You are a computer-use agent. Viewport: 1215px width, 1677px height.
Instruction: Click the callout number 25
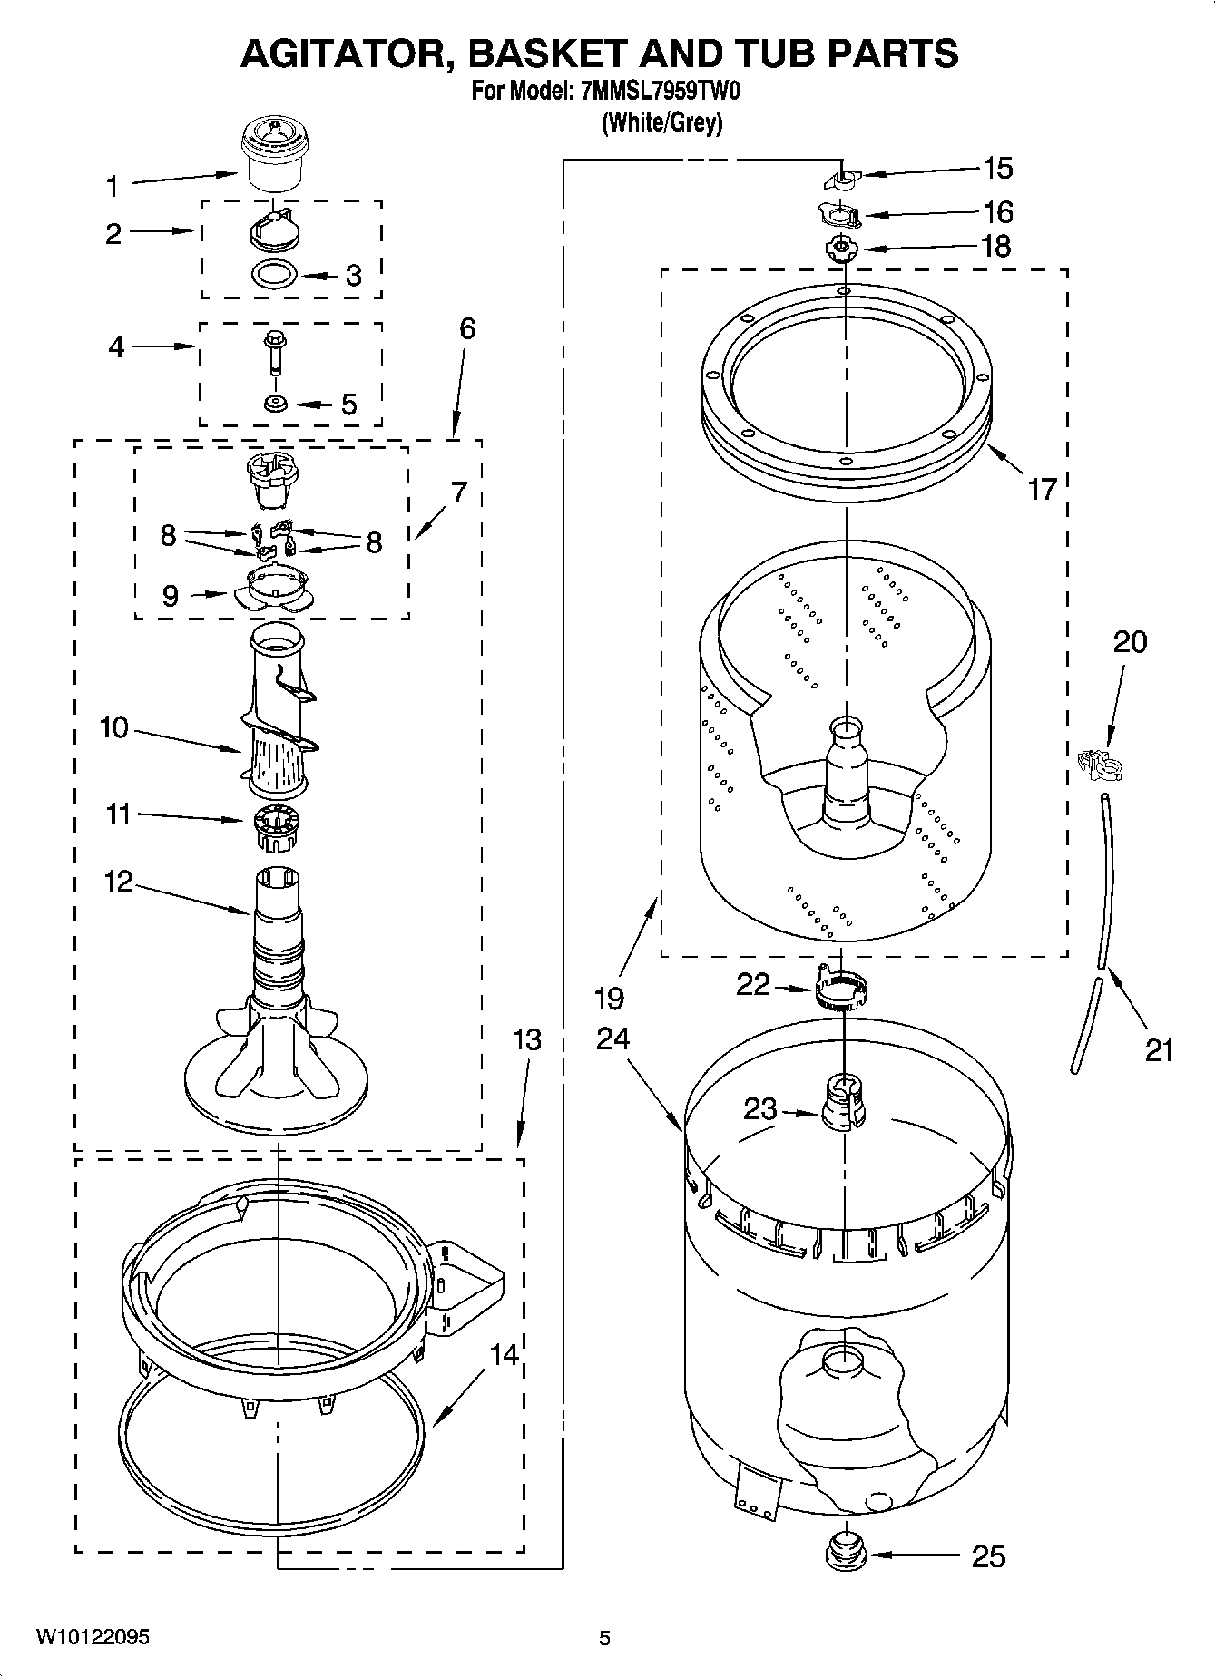tap(988, 1556)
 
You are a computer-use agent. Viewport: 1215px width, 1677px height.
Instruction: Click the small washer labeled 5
tap(275, 403)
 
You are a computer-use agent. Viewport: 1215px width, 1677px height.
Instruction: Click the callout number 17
tap(1043, 490)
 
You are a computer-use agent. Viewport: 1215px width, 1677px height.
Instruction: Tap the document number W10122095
tap(93, 1636)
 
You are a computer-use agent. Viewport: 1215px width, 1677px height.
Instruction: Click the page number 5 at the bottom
tap(604, 1637)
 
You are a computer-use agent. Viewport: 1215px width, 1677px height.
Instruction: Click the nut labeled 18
tap(843, 248)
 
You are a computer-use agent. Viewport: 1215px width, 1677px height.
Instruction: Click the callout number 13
tap(526, 1038)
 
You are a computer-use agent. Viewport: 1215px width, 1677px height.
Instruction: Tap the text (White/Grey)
tap(662, 122)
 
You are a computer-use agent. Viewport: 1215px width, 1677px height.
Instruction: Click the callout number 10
tap(114, 727)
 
